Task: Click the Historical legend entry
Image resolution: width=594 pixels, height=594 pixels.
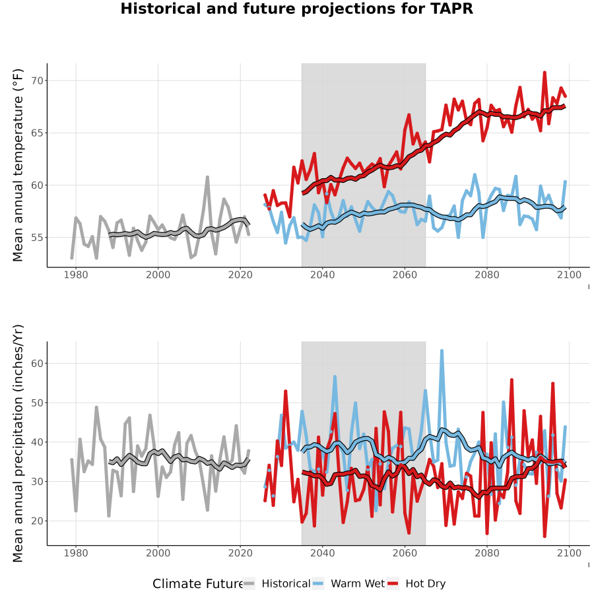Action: click(x=277, y=583)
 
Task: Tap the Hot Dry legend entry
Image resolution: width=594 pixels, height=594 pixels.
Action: click(x=416, y=583)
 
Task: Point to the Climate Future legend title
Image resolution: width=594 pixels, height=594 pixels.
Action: click(x=197, y=583)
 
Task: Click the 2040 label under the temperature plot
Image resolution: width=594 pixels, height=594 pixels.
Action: click(x=322, y=275)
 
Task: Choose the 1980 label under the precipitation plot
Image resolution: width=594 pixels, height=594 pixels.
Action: click(x=76, y=553)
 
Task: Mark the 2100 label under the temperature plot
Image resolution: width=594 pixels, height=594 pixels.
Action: click(x=569, y=275)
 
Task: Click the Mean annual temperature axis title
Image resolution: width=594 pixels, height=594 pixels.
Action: click(x=18, y=165)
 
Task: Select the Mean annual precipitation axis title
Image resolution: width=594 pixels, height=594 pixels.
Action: click(x=18, y=444)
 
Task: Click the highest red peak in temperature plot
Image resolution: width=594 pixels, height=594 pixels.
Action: click(x=544, y=72)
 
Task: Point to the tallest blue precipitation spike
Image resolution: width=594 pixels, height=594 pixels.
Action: click(x=442, y=351)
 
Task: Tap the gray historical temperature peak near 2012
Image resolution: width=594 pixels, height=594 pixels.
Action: click(x=207, y=177)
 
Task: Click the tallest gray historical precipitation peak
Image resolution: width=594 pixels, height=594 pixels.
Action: click(x=96, y=408)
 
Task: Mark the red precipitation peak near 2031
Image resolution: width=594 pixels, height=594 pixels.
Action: click(x=285, y=391)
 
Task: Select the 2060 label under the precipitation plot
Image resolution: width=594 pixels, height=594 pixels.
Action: click(x=405, y=553)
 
